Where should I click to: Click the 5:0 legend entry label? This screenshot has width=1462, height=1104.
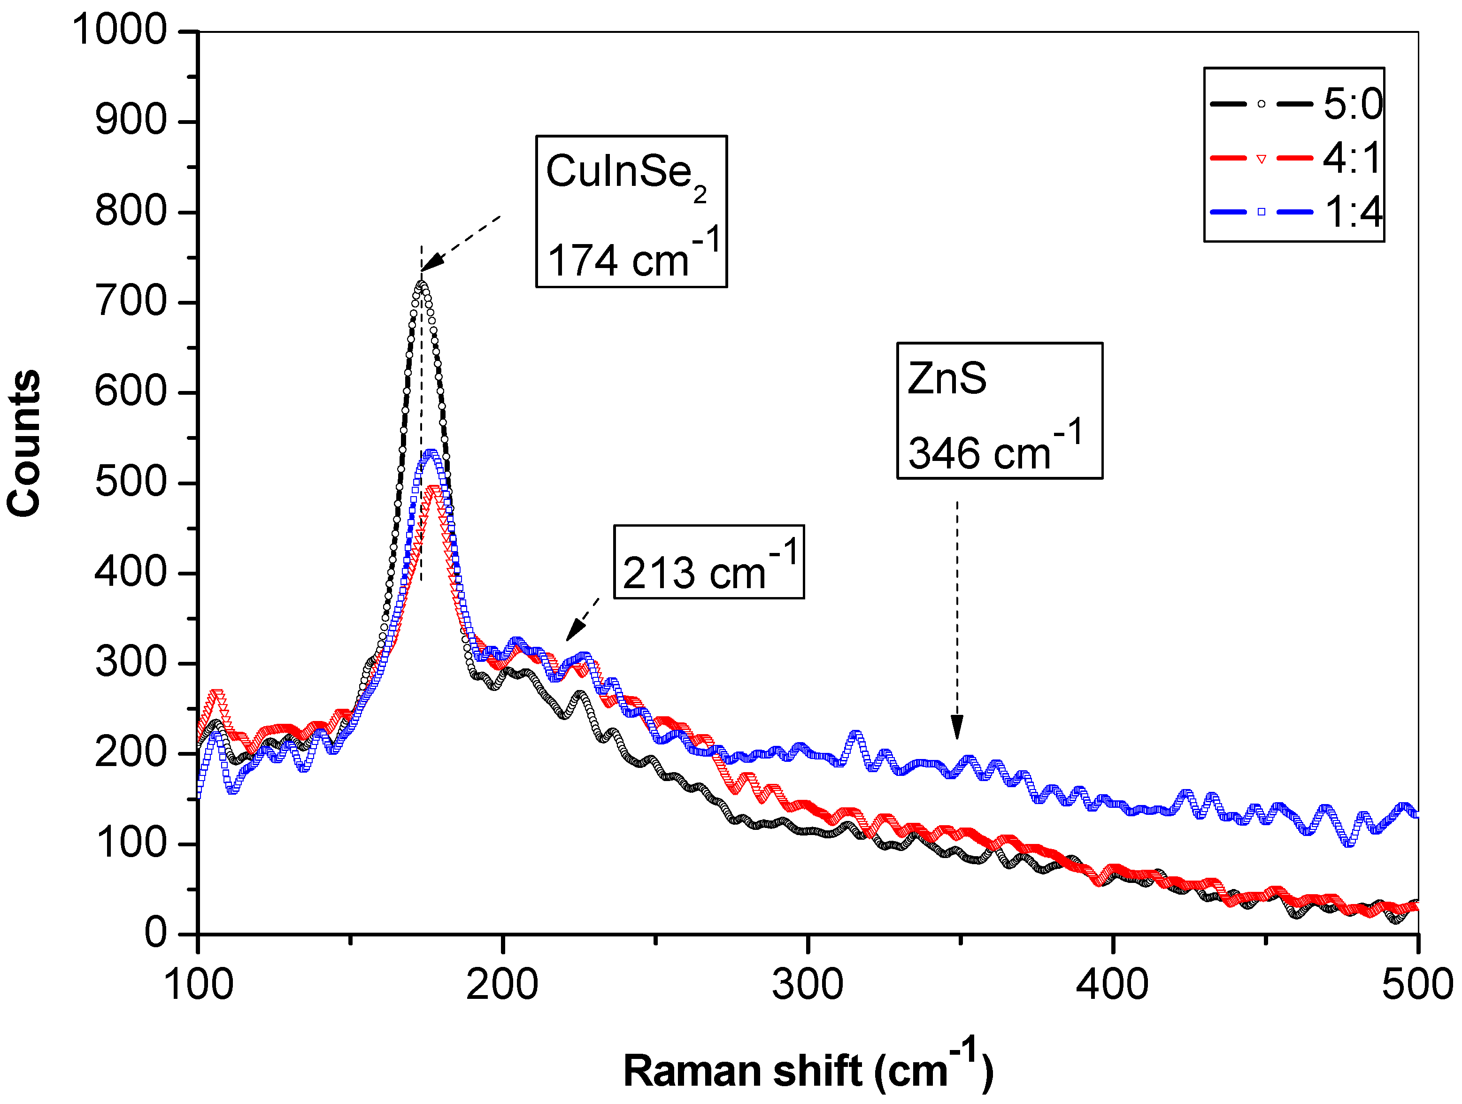pos(1352,104)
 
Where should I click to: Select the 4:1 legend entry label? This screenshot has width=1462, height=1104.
pos(1352,159)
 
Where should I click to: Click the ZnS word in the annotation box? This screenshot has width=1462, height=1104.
pos(946,379)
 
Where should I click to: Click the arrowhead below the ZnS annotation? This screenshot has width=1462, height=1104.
pos(956,729)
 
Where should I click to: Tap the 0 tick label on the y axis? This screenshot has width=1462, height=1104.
pos(156,934)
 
